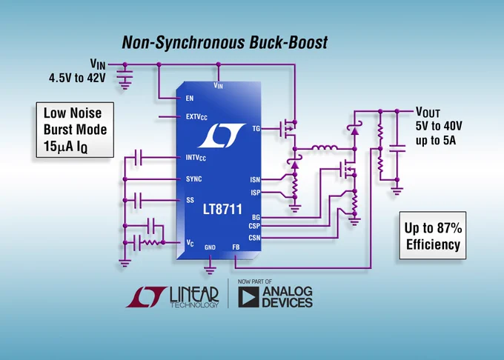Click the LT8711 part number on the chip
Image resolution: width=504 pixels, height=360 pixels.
point(222,210)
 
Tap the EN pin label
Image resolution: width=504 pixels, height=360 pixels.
point(190,99)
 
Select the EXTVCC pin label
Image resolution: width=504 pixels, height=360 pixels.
point(196,117)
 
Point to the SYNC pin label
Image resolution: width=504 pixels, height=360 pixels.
point(194,179)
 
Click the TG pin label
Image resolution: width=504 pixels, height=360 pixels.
point(256,128)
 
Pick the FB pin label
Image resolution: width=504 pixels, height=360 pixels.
point(236,247)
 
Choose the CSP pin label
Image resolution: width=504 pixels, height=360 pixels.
point(254,226)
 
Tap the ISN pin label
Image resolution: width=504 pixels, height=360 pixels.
point(255,179)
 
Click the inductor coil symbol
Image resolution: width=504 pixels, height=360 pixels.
point(325,147)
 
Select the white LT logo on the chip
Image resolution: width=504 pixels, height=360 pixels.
point(222,136)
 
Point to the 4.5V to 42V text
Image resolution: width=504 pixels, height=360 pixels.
point(77,78)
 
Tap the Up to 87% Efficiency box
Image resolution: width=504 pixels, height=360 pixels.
point(433,236)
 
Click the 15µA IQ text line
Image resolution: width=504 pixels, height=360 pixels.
point(65,147)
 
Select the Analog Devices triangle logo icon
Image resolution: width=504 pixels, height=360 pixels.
point(248,297)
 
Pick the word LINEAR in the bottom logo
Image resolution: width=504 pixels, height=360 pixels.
point(194,295)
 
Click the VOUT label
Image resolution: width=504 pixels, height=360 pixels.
point(428,112)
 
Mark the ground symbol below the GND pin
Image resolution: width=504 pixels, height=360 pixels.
point(210,270)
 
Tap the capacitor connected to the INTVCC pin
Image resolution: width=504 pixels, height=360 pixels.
point(139,157)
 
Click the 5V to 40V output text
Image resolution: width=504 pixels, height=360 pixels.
point(439,126)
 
